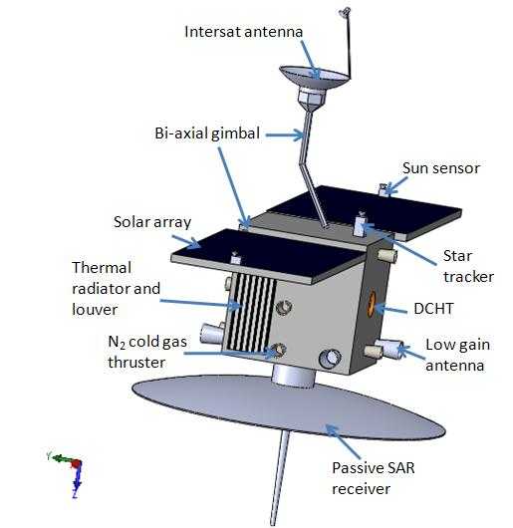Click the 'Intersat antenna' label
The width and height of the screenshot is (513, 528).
(x=244, y=32)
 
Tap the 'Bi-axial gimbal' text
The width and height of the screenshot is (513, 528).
(x=207, y=133)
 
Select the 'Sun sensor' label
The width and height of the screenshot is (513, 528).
(x=441, y=168)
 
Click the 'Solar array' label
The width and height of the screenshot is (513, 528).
(x=152, y=222)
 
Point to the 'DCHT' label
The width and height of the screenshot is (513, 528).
(x=433, y=309)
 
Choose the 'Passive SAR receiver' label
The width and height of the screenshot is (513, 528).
(x=373, y=478)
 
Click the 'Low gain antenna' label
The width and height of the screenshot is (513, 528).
(x=457, y=355)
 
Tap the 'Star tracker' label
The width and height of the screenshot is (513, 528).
(x=468, y=266)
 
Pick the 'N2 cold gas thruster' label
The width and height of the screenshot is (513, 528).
(x=147, y=353)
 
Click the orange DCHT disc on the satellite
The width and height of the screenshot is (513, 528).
(x=371, y=305)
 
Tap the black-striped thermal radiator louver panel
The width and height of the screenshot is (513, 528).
(x=249, y=312)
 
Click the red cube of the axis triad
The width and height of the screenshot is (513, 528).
(x=77, y=465)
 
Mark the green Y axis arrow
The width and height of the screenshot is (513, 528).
(x=60, y=458)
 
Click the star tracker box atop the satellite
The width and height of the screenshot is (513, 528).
(x=359, y=226)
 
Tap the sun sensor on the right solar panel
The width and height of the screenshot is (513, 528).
(x=383, y=189)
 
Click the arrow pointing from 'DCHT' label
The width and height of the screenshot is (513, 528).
(x=392, y=309)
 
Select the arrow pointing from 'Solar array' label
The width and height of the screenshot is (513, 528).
(x=186, y=242)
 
